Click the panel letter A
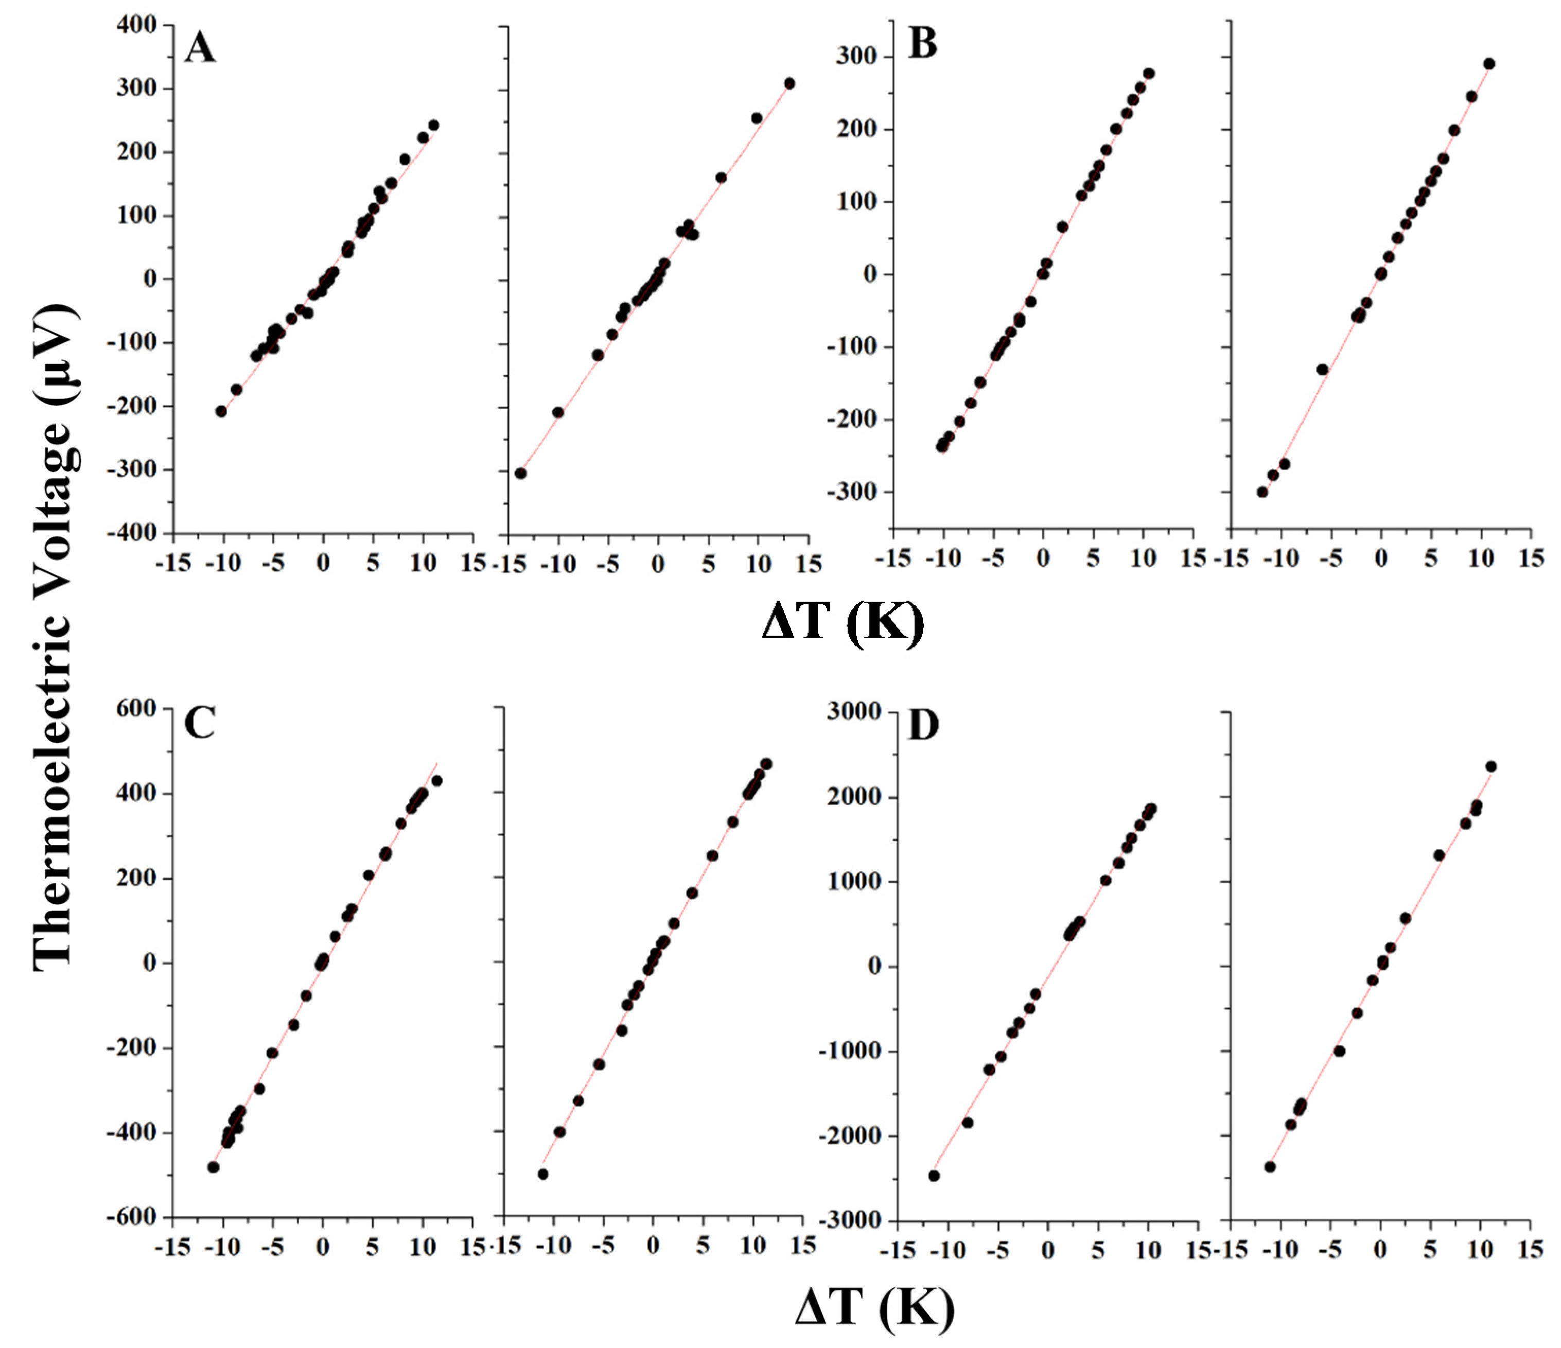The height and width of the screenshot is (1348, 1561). click(200, 48)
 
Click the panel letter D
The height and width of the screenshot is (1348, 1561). click(924, 726)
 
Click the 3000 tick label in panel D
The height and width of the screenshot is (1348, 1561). click(853, 711)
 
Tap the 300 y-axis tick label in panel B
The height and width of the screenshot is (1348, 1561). click(859, 57)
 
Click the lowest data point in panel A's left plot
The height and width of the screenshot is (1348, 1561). click(221, 411)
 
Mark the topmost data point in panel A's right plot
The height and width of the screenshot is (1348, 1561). click(790, 83)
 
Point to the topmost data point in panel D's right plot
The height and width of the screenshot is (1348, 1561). click(1490, 766)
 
